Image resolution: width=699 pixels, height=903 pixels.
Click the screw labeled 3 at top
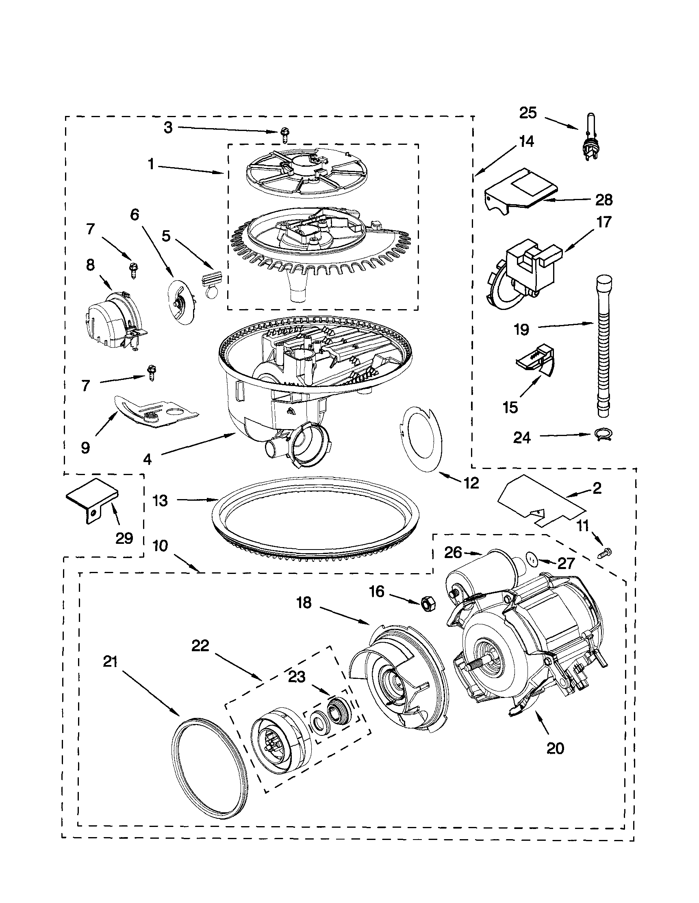(x=284, y=134)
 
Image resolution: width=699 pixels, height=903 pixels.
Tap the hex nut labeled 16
(x=426, y=604)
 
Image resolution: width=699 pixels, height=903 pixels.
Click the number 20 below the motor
(x=554, y=748)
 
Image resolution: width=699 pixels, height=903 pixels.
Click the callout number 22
(x=200, y=646)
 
